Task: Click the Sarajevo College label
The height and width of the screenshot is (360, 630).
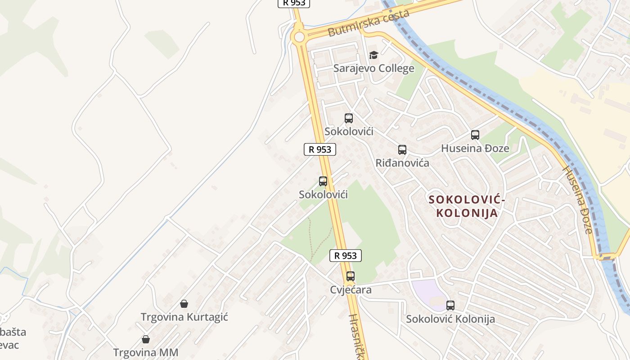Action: (x=373, y=68)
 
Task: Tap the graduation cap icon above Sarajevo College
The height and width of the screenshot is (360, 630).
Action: (x=373, y=55)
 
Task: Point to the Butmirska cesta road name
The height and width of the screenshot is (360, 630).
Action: (x=369, y=23)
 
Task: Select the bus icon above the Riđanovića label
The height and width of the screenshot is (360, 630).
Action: (x=402, y=150)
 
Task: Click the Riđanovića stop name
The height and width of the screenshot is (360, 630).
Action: (x=402, y=162)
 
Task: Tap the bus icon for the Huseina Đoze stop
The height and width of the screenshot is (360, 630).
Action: (x=475, y=135)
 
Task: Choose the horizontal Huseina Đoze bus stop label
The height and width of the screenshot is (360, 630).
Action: (x=475, y=148)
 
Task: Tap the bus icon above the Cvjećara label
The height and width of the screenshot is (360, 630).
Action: (x=351, y=276)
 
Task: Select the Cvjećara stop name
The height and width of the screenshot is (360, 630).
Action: (x=351, y=290)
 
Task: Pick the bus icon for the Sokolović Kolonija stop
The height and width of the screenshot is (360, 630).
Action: (x=450, y=306)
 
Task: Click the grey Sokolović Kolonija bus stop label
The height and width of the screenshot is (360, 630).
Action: (x=450, y=319)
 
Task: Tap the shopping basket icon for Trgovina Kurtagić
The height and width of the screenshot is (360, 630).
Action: (x=184, y=304)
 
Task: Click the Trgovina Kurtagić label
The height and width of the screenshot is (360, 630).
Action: (x=184, y=317)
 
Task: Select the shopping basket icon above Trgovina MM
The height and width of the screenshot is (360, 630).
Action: (x=146, y=339)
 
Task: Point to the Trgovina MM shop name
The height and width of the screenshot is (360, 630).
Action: (x=146, y=352)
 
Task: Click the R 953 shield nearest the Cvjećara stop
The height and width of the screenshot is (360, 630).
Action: (x=346, y=256)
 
